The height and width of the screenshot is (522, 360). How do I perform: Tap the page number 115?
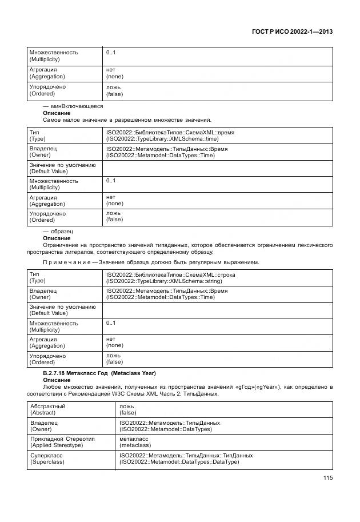327,478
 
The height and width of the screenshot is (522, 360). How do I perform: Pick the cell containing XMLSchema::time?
170,136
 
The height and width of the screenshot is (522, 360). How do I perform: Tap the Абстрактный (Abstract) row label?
49,409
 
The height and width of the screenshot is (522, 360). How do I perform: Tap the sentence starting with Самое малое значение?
127,120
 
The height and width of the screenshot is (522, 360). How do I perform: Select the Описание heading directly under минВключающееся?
57,113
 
